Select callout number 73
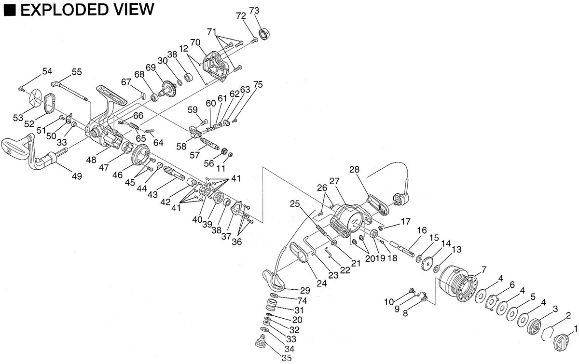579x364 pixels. (x=255, y=11)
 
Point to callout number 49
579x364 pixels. (x=76, y=176)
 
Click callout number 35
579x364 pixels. (x=287, y=358)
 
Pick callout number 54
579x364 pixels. (x=47, y=71)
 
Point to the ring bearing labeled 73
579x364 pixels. (x=264, y=34)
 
